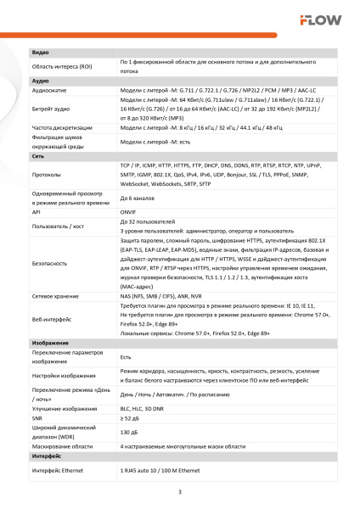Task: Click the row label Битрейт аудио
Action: pyautogui.click(x=50, y=109)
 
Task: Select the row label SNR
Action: pyautogui.click(x=37, y=418)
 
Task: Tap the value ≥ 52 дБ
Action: pyautogui.click(x=131, y=418)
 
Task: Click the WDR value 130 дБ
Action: pyautogui.click(x=130, y=432)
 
